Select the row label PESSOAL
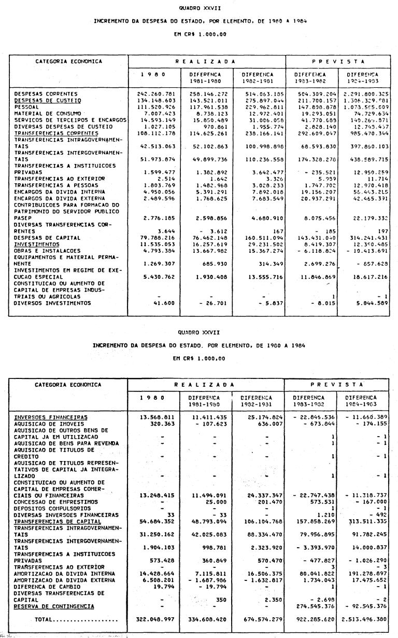coord(26,106)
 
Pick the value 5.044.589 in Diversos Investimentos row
coord(369,303)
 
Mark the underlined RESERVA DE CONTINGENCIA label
coord(54,606)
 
